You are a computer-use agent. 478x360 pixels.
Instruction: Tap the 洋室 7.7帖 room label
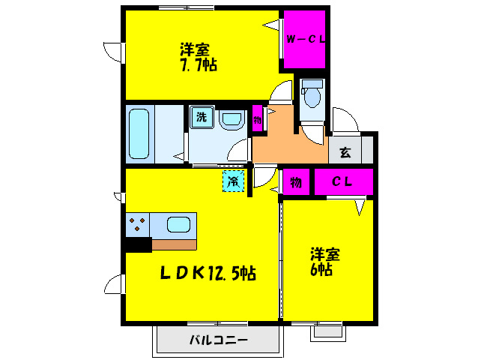pyautogui.click(x=198, y=58)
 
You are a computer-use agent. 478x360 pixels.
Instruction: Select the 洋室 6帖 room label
pyautogui.click(x=326, y=261)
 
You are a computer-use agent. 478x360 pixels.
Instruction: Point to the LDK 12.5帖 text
pyautogui.click(x=208, y=274)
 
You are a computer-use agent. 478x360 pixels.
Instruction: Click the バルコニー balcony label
pyautogui.click(x=217, y=340)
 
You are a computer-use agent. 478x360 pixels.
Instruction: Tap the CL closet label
pyautogui.click(x=342, y=181)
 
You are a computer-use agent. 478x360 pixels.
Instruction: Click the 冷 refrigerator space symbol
pyautogui.click(x=234, y=181)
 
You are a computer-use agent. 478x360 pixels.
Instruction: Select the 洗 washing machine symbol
pyautogui.click(x=201, y=117)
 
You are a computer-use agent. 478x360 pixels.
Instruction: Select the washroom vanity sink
pyautogui.click(x=232, y=118)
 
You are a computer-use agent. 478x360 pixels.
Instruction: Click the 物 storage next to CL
pyautogui.click(x=296, y=181)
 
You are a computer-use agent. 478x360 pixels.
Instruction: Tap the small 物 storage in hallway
pyautogui.click(x=257, y=119)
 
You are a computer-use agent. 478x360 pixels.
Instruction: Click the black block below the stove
pyautogui.click(x=138, y=244)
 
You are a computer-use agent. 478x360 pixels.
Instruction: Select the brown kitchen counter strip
pyautogui.click(x=174, y=244)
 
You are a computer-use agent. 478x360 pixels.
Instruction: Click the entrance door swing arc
pyautogui.click(x=346, y=120)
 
